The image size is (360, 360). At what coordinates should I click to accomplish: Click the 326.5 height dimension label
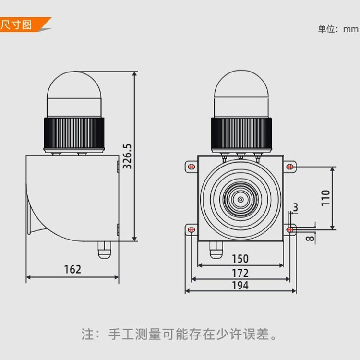click(127, 156)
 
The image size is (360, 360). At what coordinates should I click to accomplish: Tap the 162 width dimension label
click(72, 269)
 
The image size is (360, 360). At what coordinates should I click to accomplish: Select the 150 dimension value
click(240, 259)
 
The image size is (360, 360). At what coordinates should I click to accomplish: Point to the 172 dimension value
click(240, 273)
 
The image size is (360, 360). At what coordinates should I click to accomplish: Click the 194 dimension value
click(240, 286)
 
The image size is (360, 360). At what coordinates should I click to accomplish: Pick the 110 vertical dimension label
click(326, 198)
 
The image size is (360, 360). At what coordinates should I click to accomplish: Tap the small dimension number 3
click(295, 207)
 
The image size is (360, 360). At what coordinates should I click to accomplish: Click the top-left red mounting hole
click(191, 167)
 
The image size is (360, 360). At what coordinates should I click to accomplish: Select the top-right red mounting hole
click(289, 167)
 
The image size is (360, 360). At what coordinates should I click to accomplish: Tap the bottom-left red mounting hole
click(191, 230)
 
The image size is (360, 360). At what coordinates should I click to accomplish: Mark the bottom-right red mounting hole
click(289, 230)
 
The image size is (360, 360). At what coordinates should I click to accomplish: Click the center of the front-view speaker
click(240, 199)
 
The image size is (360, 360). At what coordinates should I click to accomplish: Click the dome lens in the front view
click(241, 94)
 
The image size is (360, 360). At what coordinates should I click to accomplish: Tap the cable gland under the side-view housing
click(104, 249)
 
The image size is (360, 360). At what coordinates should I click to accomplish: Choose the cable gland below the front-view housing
click(216, 249)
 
